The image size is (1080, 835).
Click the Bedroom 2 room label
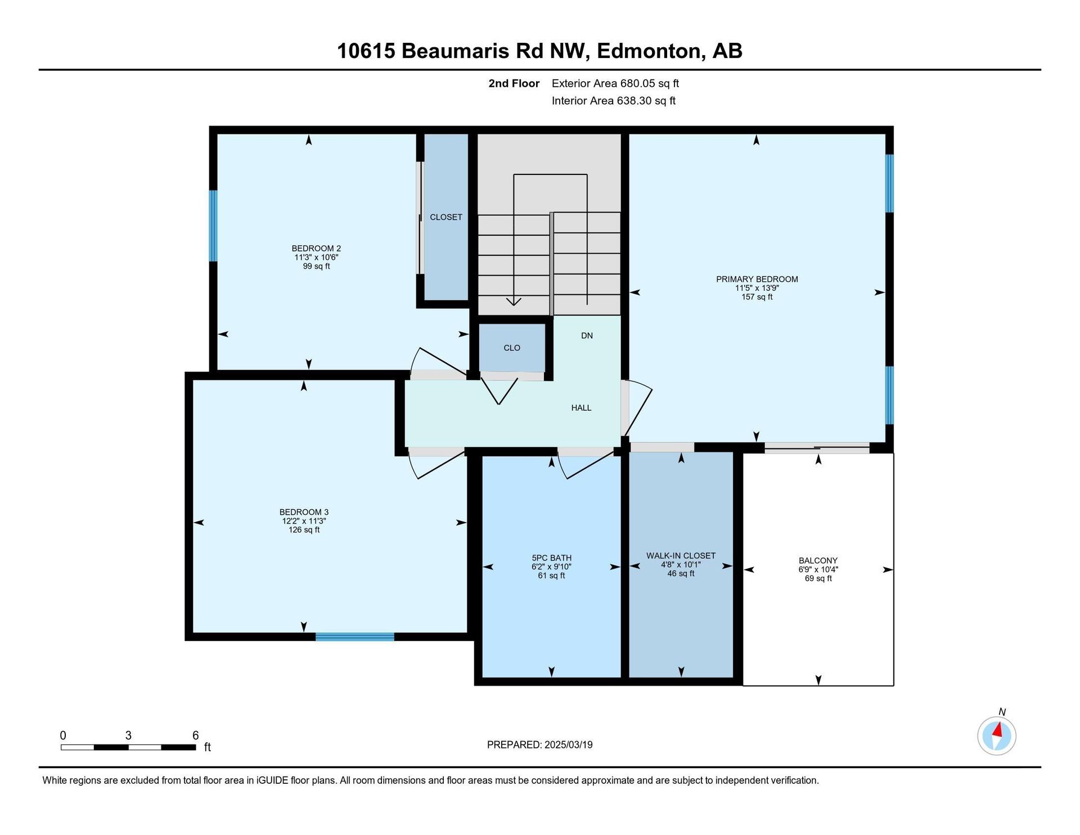pos(316,248)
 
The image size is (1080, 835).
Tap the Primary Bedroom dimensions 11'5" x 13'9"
pos(757,288)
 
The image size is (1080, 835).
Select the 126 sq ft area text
pos(304,530)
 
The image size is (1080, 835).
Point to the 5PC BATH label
pos(551,558)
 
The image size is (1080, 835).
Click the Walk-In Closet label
pos(681,556)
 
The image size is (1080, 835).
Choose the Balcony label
pos(818,560)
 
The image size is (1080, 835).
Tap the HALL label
pos(581,408)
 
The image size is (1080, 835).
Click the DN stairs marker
pos(587,336)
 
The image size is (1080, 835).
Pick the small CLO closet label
pos(512,348)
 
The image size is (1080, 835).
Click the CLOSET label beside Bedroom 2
pos(446,217)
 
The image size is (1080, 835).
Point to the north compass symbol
pos(997,735)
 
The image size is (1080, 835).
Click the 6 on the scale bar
pos(196,735)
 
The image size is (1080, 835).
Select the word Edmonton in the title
pos(650,51)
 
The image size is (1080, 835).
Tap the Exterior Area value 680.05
pos(638,84)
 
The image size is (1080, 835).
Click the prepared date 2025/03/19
pos(568,745)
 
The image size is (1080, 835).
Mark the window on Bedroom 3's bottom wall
pos(354,637)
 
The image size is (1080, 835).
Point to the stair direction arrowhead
pos(514,302)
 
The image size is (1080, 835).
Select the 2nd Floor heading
pos(514,84)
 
